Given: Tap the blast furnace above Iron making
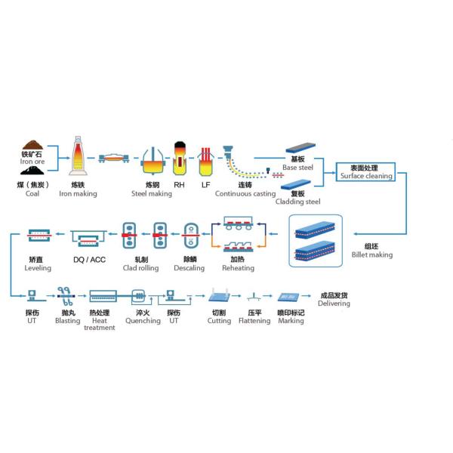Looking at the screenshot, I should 77,156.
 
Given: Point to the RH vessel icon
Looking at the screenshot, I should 179,158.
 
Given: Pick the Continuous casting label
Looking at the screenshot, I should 245,193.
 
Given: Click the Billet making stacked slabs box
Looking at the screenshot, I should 316,241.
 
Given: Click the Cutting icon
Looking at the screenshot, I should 220,295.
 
